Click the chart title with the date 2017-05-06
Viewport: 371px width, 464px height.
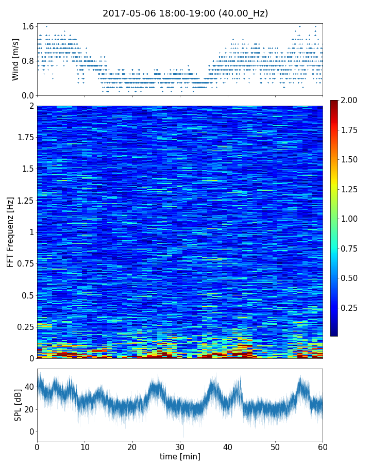pyautogui.click(x=185, y=13)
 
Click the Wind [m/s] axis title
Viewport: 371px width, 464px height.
pyautogui.click(x=15, y=59)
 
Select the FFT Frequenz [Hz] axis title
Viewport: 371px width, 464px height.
pyautogui.click(x=10, y=231)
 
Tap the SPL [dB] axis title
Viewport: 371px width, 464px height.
pyautogui.click(x=18, y=405)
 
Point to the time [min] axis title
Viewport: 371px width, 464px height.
pyautogui.click(x=180, y=456)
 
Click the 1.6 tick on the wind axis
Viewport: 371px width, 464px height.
pyautogui.click(x=28, y=26)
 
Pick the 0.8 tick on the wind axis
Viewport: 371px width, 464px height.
pyautogui.click(x=28, y=61)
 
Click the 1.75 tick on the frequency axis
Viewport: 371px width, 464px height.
pyautogui.click(x=25, y=138)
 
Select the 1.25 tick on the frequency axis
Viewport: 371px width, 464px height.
pyautogui.click(x=25, y=201)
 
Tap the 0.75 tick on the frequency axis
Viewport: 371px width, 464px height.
pyautogui.click(x=25, y=264)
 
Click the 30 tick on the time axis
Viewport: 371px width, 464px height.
pyautogui.click(x=180, y=446)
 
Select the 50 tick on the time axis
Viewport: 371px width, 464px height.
pyautogui.click(x=275, y=446)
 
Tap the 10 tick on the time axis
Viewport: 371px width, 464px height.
pyautogui.click(x=85, y=446)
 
